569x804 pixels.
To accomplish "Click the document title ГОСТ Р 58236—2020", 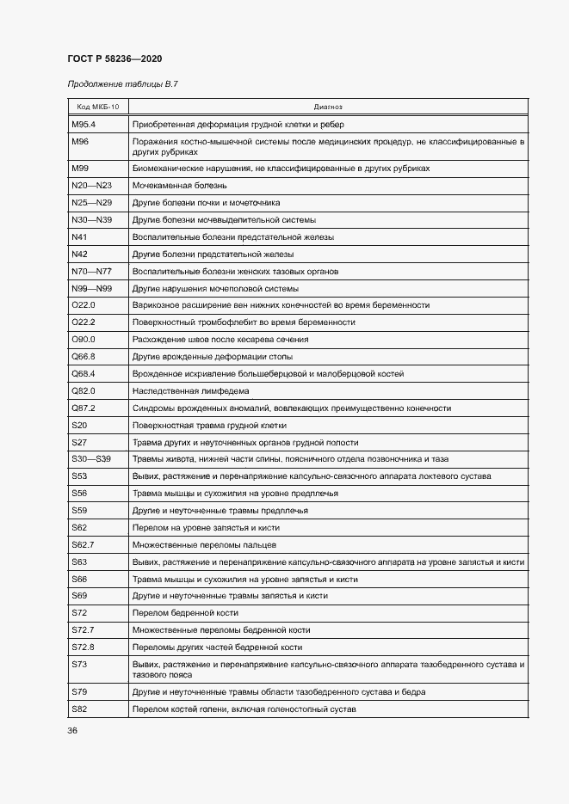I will click(114, 58).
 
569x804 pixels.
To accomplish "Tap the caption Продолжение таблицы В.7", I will click(122, 83).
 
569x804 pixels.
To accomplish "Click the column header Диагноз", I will click(328, 107).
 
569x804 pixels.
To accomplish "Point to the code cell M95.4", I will click(83, 124).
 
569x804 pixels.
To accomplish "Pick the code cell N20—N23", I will click(92, 185).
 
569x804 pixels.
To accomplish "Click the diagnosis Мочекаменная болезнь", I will click(179, 185).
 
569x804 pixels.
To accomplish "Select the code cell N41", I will click(80, 236).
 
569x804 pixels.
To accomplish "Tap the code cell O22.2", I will click(83, 322).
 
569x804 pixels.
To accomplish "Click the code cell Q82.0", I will click(83, 391).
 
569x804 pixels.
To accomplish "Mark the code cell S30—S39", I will click(92, 459).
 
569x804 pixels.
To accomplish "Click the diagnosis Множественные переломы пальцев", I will click(204, 545).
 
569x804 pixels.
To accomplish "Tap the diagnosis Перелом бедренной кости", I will click(185, 613).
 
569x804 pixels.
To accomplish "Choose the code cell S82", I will click(79, 709).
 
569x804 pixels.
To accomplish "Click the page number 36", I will click(72, 731).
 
